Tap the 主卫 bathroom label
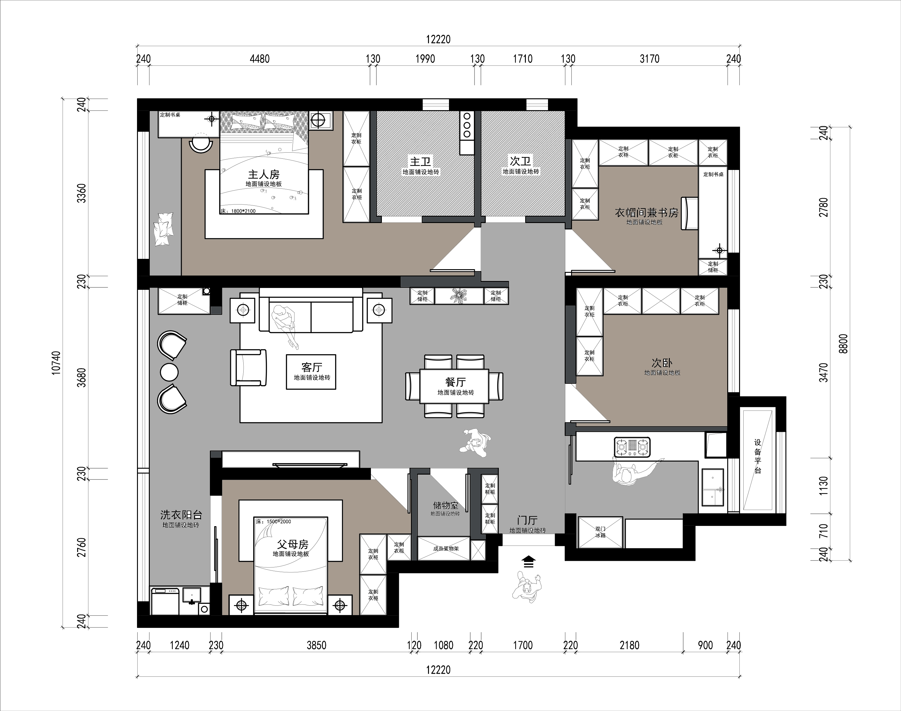[x=420, y=161]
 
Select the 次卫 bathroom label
[x=520, y=161]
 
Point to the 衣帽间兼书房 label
[x=646, y=213]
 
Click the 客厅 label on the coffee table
[x=311, y=367]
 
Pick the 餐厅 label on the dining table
[x=455, y=382]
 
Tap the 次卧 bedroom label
[x=662, y=363]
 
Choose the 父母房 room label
[x=293, y=544]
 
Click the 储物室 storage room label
[x=445, y=505]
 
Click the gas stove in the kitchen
[x=632, y=447]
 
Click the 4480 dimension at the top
[x=260, y=59]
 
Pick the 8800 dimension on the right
[x=843, y=344]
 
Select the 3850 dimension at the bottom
[x=316, y=645]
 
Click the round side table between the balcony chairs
[x=169, y=372]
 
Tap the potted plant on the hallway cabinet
[x=459, y=296]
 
